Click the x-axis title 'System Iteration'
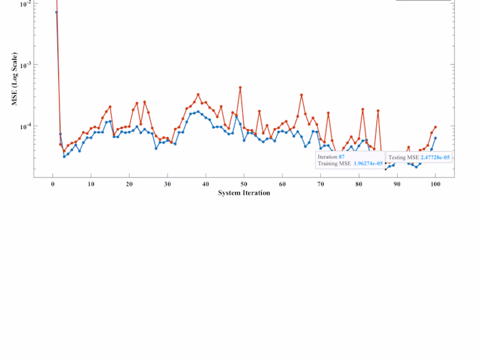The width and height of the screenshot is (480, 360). (x=243, y=193)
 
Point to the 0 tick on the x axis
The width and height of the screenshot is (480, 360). (x=53, y=184)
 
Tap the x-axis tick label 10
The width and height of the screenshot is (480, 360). (x=91, y=184)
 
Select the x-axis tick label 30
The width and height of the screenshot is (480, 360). (x=167, y=184)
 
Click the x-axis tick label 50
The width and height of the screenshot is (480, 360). (x=243, y=184)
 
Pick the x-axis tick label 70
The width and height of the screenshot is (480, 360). (x=320, y=184)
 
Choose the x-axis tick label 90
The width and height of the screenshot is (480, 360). (x=396, y=184)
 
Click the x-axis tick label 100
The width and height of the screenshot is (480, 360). (x=435, y=184)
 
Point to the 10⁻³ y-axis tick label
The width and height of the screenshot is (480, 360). (x=23, y=65)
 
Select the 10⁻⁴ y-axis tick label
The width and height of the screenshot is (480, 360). (x=23, y=126)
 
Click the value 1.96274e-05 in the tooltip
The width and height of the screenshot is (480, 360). (x=368, y=163)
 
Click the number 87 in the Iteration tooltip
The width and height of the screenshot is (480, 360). (x=341, y=157)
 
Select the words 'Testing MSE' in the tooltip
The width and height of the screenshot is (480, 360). (x=404, y=157)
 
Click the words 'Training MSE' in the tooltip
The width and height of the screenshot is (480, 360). (x=334, y=163)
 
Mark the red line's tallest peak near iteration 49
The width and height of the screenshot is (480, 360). (x=240, y=88)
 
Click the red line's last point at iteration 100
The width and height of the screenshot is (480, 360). (x=435, y=127)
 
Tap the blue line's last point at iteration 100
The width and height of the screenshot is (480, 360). (x=435, y=138)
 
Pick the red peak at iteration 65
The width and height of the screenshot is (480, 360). (x=301, y=95)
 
